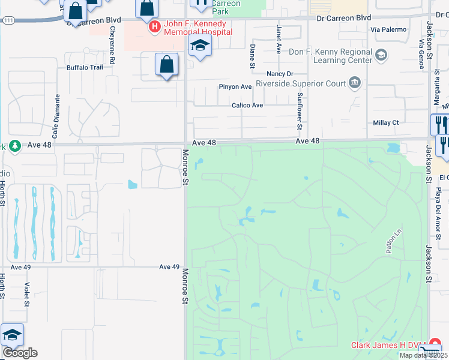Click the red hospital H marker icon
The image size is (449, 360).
pyautogui.click(x=154, y=26)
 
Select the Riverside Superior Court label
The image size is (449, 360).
pyautogui.click(x=301, y=83)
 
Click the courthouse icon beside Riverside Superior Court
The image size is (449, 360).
pyautogui.click(x=355, y=82)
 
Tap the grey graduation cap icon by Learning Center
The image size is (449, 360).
pyautogui.click(x=381, y=56)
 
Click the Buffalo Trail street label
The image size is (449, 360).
pyautogui.click(x=85, y=67)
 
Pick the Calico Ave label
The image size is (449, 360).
pyautogui.click(x=247, y=105)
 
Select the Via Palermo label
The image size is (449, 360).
pyautogui.click(x=388, y=29)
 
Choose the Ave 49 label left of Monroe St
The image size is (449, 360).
pyautogui.click(x=170, y=266)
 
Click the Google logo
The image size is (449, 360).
pyautogui.click(x=20, y=353)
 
